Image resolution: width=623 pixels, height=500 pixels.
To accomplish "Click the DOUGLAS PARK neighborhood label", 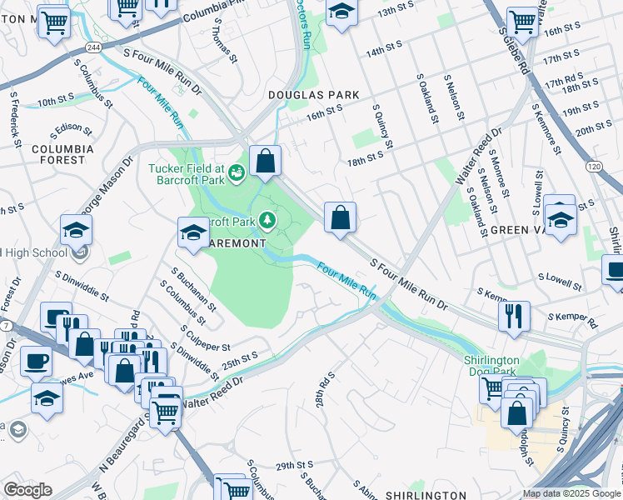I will coord(313,95).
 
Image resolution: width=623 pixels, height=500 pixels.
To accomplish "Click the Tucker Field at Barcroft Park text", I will coord(187,173).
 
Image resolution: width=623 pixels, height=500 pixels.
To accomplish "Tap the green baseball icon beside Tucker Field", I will coord(237,172).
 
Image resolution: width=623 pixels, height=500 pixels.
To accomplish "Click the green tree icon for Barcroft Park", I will coord(267,220).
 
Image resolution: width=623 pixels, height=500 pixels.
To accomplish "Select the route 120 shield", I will coord(593,167).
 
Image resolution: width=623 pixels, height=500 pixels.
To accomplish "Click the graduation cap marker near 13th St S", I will coord(340,12).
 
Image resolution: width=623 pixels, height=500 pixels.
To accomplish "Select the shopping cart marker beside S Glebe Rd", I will coord(522,21).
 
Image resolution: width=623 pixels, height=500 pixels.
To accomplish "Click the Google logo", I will coord(27,490).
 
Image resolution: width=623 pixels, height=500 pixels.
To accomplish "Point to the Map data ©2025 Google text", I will coord(571,493).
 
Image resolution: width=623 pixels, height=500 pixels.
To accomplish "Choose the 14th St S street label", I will coord(384,47).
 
